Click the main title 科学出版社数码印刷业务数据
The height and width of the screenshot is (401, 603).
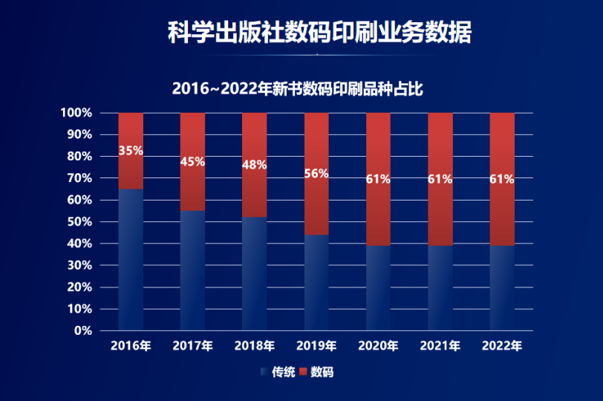point(319,32)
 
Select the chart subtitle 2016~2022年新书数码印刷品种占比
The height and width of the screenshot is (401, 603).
point(297,88)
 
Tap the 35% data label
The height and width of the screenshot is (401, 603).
point(131,151)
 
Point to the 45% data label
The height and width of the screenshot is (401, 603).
point(193,162)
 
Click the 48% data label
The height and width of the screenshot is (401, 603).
point(255,165)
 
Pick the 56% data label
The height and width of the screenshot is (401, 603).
point(316,173)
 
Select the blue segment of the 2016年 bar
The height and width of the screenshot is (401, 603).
point(131,260)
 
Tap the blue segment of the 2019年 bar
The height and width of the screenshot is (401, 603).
point(316,282)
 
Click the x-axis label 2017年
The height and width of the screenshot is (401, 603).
point(193,346)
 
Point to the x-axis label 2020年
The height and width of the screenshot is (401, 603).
point(379,346)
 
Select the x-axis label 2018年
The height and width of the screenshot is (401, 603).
point(255,346)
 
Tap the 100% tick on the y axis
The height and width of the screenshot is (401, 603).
point(76,113)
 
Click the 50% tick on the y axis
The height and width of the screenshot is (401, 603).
point(79,222)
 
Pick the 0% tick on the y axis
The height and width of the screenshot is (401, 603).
point(83,330)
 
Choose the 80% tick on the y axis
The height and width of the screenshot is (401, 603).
point(79,157)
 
